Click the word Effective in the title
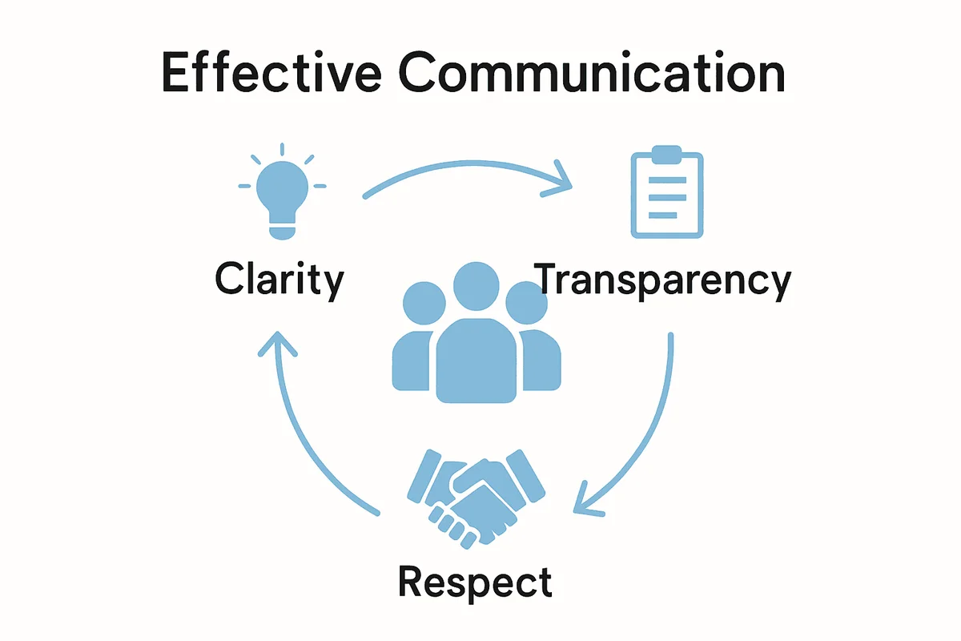pos(271,71)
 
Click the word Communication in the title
pos(592,71)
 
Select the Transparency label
pos(662,280)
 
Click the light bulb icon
pos(282,191)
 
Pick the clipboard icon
pos(666,192)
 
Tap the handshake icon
pos(476,499)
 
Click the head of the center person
pos(476,286)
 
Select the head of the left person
pos(424,303)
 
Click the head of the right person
pos(527,303)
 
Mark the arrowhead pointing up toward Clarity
pos(278,345)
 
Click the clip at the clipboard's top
pos(666,155)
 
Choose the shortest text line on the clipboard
pos(663,215)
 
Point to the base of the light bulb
pos(282,230)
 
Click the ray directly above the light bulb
pos(282,149)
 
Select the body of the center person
pos(476,361)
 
